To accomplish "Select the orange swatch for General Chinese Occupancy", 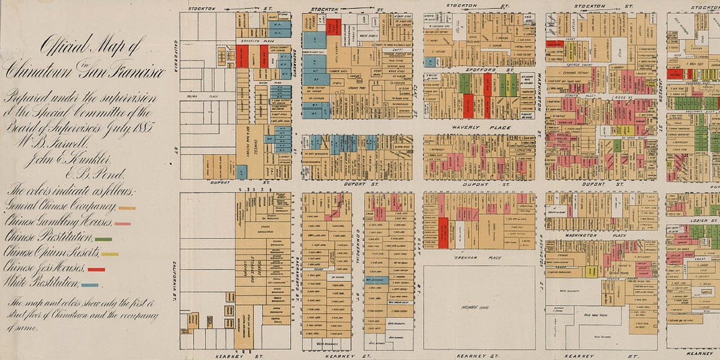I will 127,208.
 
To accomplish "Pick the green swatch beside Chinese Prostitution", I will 103,239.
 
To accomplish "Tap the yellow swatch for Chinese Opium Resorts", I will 109,254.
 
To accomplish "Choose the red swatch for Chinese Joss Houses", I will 96,269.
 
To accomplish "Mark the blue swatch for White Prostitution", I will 89,284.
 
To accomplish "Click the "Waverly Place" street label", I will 479,127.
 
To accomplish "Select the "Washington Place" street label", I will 601,236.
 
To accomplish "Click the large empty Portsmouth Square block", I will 479,306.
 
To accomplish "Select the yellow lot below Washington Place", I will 590,271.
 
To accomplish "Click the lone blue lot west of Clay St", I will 379,280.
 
